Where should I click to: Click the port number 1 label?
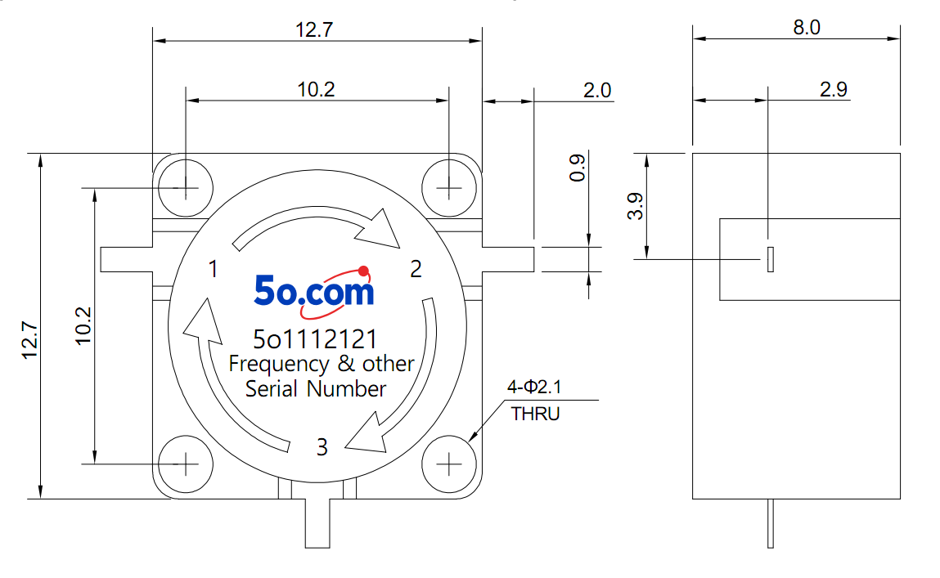tap(213, 269)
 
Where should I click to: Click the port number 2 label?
tap(416, 269)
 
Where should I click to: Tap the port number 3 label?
tap(322, 447)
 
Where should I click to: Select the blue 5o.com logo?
tap(313, 292)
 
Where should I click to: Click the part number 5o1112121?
tap(315, 339)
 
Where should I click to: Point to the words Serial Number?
tap(316, 388)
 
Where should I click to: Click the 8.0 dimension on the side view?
tap(807, 28)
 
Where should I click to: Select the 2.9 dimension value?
tap(834, 89)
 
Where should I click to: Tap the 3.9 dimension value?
tap(636, 206)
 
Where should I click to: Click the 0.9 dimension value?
tap(578, 168)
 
